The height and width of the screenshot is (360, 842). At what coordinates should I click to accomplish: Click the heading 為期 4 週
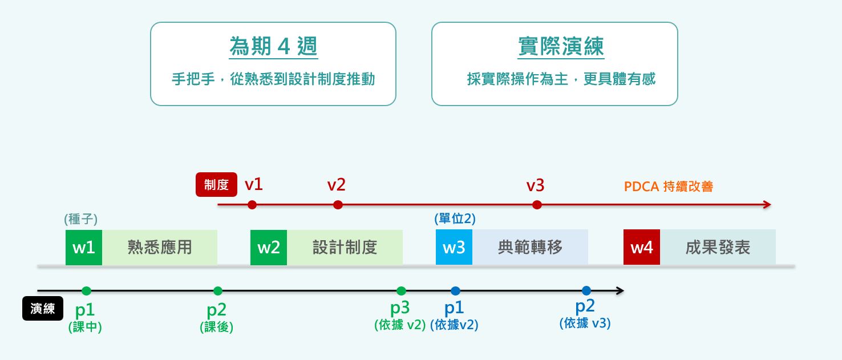point(273,46)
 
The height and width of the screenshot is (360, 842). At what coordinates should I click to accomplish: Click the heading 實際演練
point(561,46)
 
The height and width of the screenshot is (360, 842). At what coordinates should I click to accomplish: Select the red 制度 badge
point(216,184)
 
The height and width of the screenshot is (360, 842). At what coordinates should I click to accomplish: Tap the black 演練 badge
point(43,309)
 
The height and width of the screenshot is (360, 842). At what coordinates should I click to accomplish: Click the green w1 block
point(84,247)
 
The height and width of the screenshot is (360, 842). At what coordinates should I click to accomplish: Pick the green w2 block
point(269,247)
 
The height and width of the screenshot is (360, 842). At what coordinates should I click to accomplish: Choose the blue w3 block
point(454,247)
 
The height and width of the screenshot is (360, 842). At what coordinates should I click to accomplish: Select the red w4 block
point(642,247)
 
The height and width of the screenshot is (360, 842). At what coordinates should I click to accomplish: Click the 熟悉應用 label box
point(160,247)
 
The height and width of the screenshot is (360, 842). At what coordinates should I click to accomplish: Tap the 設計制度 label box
point(345,247)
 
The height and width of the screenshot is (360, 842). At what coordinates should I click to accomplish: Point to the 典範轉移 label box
point(531,247)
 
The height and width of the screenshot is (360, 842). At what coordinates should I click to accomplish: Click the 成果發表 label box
point(718,247)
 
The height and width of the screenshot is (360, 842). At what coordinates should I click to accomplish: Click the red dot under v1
point(252,205)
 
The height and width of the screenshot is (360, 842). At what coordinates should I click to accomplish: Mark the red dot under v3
point(536,205)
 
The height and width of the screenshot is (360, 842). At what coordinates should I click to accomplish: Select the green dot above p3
point(401,291)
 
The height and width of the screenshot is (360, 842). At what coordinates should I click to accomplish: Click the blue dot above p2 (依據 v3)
point(586,290)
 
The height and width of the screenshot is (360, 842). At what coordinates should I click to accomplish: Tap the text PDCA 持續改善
point(669,187)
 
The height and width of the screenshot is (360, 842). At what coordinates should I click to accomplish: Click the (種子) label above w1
point(81,219)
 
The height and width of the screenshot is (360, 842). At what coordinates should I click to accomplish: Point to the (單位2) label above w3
point(455,219)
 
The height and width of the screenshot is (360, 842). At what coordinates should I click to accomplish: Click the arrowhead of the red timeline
point(767,205)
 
